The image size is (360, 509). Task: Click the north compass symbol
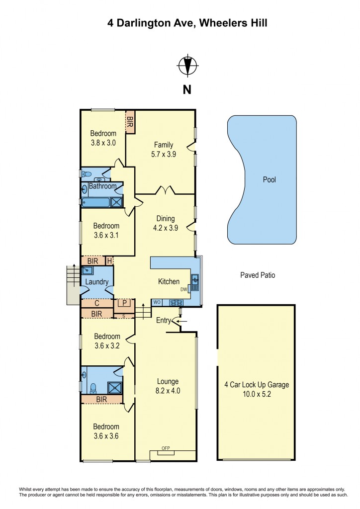(x=187, y=66)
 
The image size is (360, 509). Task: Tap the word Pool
(x=269, y=180)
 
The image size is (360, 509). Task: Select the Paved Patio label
(x=258, y=275)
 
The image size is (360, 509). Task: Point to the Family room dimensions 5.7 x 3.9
(x=164, y=154)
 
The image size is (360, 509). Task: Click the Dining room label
(x=165, y=219)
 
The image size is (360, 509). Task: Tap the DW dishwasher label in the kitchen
(x=183, y=288)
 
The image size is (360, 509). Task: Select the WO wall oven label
(x=157, y=302)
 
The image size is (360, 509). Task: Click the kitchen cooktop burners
(x=176, y=302)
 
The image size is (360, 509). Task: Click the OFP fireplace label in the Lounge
(x=166, y=448)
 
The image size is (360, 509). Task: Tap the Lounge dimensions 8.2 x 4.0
(x=168, y=391)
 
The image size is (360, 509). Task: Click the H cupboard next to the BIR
(x=109, y=260)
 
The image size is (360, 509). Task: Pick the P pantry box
(x=122, y=303)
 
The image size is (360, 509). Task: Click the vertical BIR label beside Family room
(x=130, y=121)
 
